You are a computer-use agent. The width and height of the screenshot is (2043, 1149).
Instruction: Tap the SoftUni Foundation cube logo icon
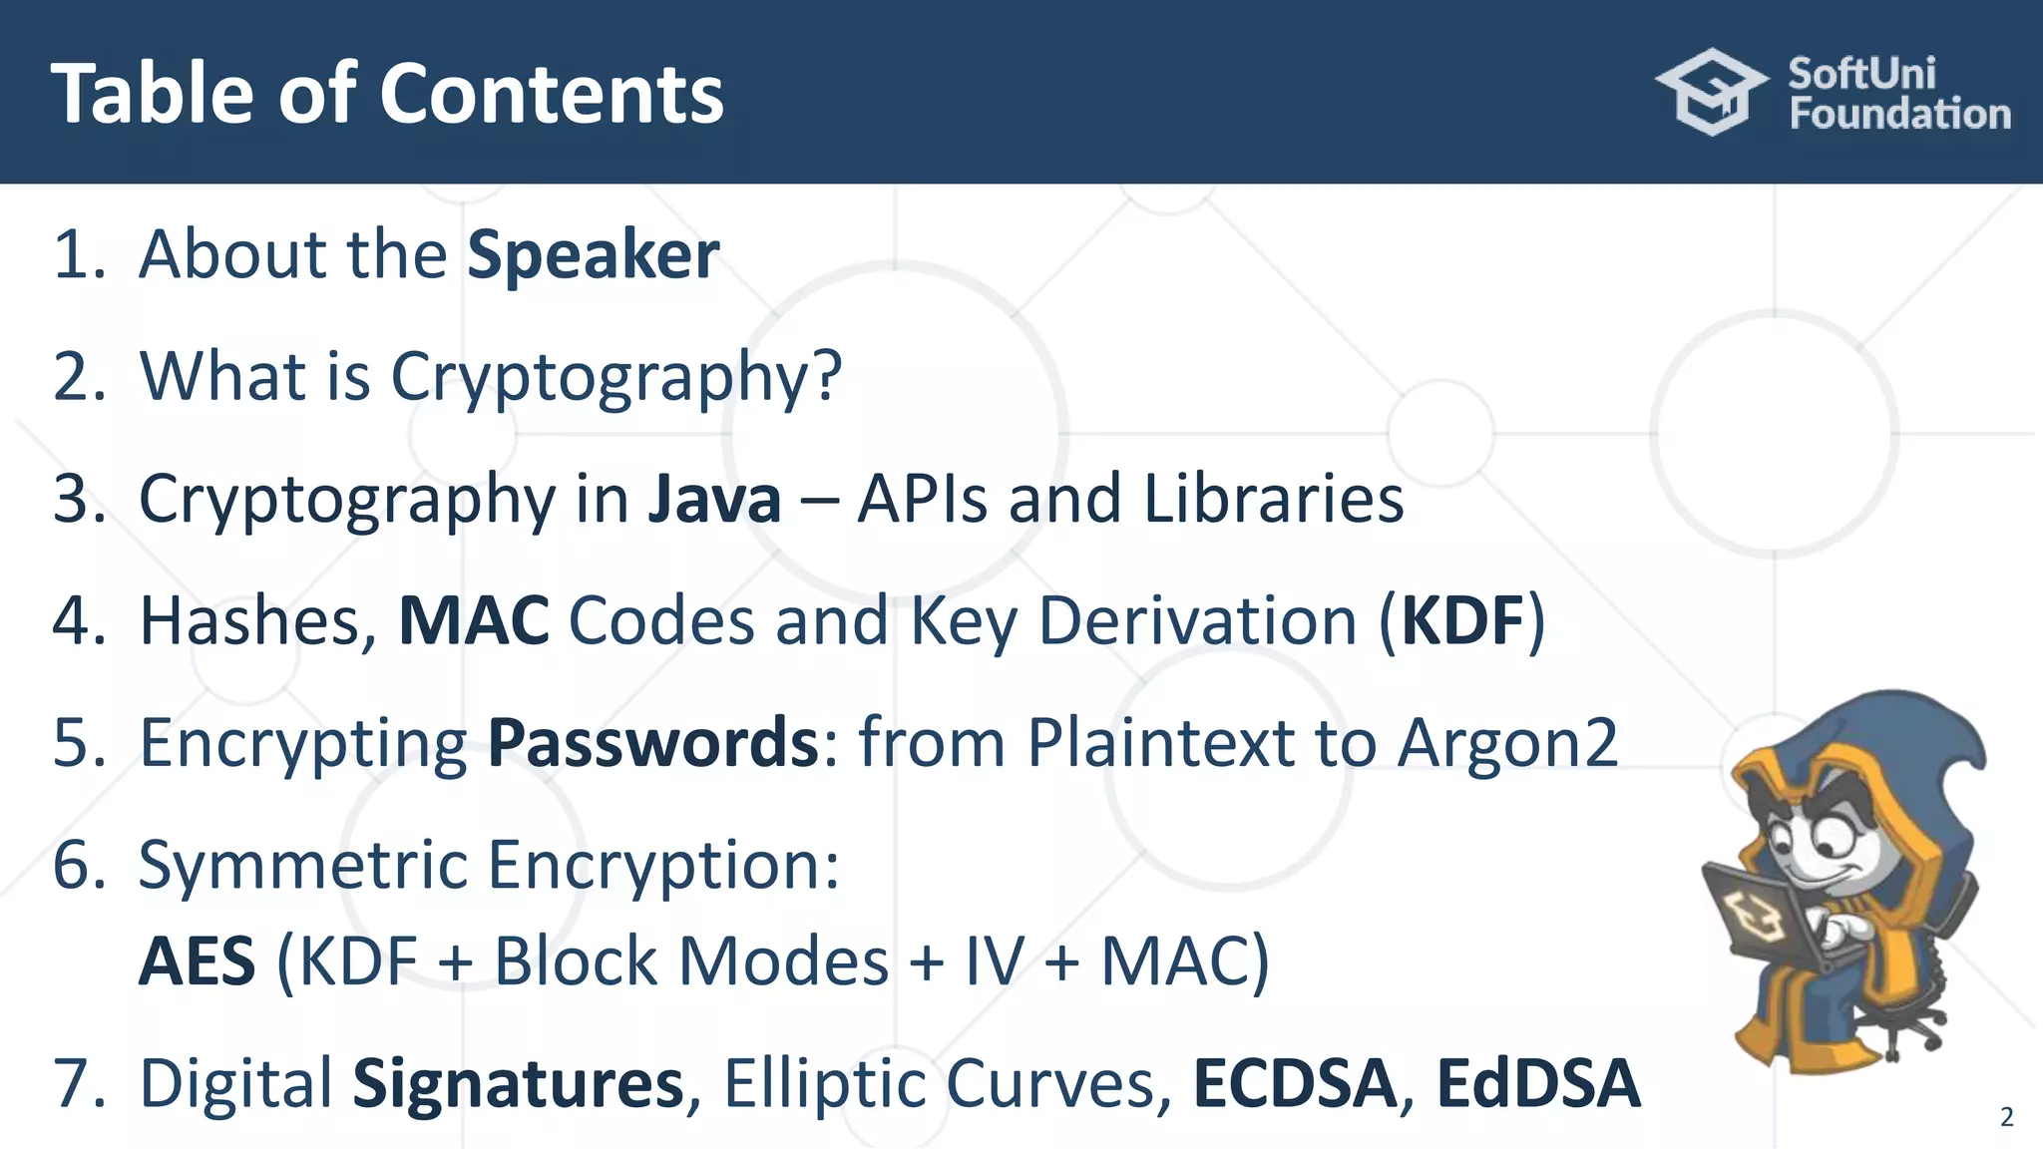[x=1712, y=92]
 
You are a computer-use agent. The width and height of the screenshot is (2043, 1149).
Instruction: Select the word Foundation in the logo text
[x=1899, y=114]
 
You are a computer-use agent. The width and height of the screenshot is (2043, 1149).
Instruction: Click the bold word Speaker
[x=594, y=255]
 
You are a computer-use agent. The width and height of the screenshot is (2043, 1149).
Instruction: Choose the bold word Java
[x=714, y=499]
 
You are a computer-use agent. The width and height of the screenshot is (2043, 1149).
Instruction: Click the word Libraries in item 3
[x=1274, y=499]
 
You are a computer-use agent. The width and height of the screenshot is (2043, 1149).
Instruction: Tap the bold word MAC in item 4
[x=474, y=620]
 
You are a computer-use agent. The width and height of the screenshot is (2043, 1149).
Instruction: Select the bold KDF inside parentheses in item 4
[x=1463, y=620]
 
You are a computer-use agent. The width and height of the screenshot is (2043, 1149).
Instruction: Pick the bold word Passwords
[x=653, y=743]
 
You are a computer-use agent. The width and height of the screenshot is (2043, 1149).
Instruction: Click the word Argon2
[x=1507, y=743]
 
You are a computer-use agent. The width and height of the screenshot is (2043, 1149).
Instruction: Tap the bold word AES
[x=198, y=961]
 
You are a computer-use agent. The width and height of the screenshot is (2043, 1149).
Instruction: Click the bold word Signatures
[x=519, y=1084]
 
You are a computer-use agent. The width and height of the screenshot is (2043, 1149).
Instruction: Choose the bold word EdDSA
[x=1538, y=1084]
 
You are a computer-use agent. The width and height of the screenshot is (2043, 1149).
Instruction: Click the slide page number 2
[x=2007, y=1117]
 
